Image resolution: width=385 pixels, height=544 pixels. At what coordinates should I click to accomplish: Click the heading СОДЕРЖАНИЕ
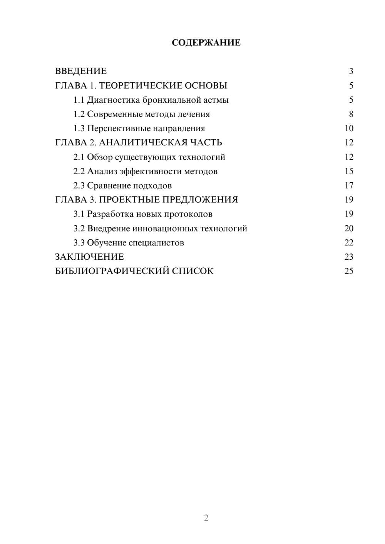(206, 43)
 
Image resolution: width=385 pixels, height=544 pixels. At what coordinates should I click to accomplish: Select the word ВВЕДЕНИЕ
(81, 71)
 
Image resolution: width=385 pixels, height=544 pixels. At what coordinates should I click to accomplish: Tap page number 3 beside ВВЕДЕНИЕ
(351, 71)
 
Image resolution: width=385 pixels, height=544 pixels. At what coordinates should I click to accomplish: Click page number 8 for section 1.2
(351, 114)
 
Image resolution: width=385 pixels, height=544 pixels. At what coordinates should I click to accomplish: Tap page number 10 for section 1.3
(349, 128)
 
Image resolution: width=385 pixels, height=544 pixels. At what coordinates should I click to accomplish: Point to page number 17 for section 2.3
(349, 185)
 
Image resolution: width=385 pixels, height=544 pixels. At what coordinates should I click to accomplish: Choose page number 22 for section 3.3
(349, 243)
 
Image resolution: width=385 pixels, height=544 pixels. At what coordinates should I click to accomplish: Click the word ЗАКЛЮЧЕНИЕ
(89, 257)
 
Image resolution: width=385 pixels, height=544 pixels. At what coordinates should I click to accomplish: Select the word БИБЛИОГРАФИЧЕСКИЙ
(112, 271)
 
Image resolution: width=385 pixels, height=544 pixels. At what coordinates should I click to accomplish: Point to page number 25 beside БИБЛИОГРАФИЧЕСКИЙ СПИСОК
(349, 271)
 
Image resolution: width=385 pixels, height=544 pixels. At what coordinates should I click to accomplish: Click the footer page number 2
(206, 518)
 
